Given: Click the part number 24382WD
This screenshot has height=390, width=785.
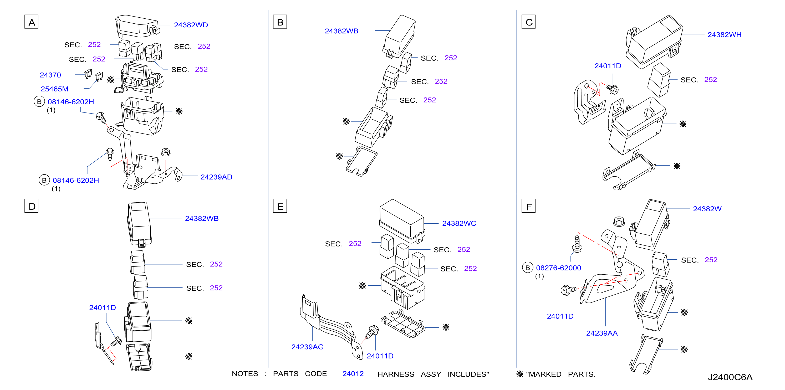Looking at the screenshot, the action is tap(191, 25).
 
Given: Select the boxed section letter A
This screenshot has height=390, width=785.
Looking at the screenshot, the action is tap(31, 22).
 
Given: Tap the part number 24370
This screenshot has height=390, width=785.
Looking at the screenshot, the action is tap(50, 75).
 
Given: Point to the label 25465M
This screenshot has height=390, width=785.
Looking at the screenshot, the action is tap(54, 89).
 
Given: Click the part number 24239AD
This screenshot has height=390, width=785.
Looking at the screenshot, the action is tap(216, 177).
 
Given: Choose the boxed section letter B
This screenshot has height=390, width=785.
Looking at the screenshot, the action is tap(280, 22).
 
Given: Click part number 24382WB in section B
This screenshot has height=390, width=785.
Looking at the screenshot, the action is tap(341, 31).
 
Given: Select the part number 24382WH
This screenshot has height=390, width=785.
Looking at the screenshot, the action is tap(724, 35).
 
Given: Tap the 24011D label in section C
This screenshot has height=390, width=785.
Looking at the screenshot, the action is tap(608, 66).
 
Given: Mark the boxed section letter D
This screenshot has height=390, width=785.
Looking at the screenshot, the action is tap(31, 206).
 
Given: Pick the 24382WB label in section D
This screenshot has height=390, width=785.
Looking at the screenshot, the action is tap(202, 218).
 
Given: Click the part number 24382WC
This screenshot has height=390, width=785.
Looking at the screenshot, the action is tap(459, 223).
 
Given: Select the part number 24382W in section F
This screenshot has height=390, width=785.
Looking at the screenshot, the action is tap(707, 209).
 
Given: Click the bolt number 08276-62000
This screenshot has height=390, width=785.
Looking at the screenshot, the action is tap(558, 268).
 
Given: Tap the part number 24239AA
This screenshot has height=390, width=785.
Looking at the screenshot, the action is tap(602, 333).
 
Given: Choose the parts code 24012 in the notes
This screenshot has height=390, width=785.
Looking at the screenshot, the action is tap(353, 374).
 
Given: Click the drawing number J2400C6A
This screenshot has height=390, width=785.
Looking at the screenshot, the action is tap(730, 377).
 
